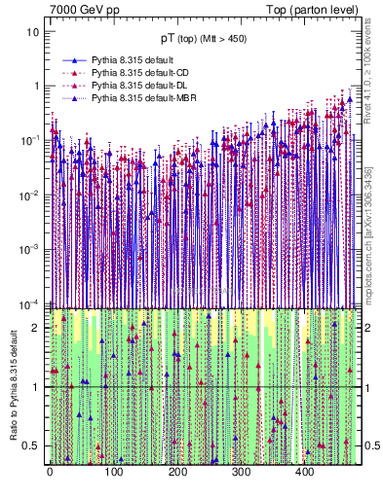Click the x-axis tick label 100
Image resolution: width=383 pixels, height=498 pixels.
click(x=113, y=473)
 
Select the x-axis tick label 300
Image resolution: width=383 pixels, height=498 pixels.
click(x=241, y=473)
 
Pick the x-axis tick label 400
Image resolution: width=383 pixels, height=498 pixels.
click(x=304, y=473)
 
